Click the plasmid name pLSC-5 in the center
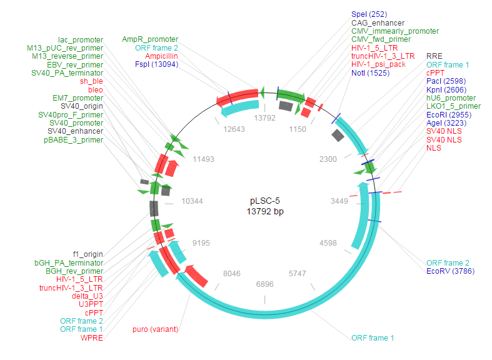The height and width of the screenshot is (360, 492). [x=265, y=201]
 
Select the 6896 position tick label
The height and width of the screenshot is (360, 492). [x=265, y=284]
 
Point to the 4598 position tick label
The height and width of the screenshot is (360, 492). [x=328, y=243]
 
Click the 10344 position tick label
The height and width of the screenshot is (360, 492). [x=191, y=201]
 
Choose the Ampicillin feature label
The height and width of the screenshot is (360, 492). [x=159, y=56]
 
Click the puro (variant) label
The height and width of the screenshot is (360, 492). [x=155, y=329]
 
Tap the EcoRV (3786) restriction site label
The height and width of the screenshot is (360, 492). [x=450, y=271]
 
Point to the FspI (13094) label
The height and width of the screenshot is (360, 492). [x=156, y=64]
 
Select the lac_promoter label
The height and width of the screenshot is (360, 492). [x=81, y=39]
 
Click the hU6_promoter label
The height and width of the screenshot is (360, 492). [x=451, y=98]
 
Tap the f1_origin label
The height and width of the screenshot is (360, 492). [x=88, y=254]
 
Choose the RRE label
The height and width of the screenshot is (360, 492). [x=434, y=56]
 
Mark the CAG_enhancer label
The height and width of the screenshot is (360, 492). [x=378, y=22]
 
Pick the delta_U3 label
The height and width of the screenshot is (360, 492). [x=87, y=296]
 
